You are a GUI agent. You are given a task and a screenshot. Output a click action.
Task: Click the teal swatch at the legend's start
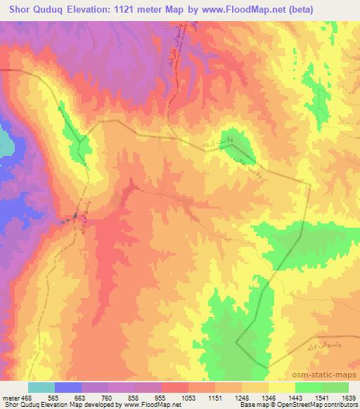tap(41, 387)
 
